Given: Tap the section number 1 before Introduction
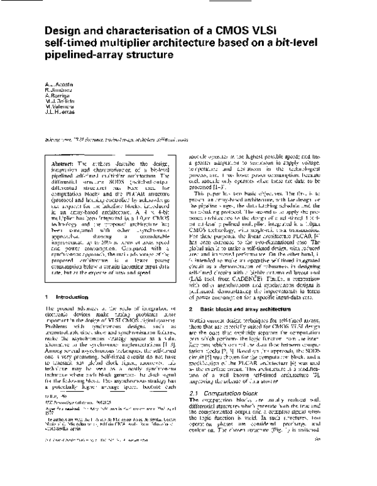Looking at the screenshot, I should tap(47, 278).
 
